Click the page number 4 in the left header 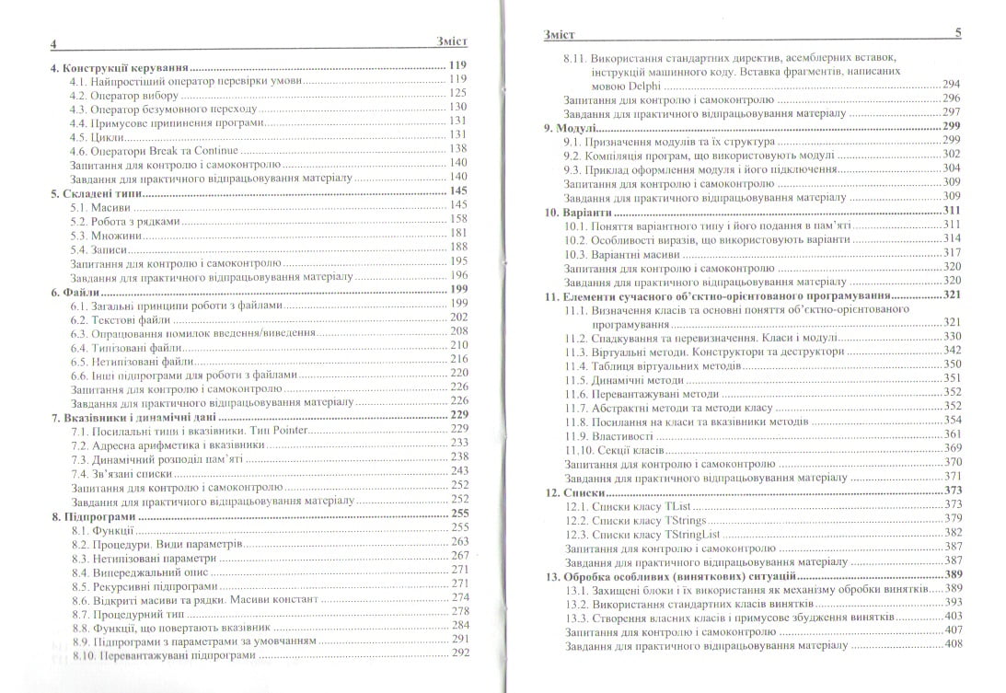(x=54, y=44)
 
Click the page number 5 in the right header (x=957, y=33)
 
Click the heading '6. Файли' (x=78, y=291)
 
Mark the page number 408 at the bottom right (x=952, y=643)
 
